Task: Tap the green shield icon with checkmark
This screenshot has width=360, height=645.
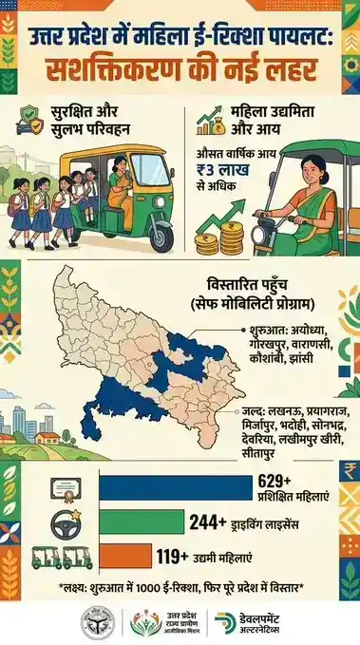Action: pos(30,125)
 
